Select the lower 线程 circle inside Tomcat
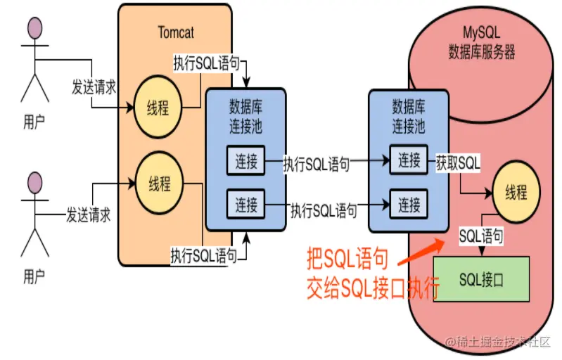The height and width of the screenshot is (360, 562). [159, 184]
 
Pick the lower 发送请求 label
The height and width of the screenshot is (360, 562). [89, 214]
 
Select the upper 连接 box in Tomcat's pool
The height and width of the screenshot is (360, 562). [245, 161]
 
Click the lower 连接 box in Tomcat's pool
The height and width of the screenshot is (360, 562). [245, 205]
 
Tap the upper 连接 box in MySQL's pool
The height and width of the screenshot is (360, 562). [409, 160]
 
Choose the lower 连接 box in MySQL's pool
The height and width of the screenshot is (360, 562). [409, 205]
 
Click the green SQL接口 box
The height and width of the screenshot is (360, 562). [482, 279]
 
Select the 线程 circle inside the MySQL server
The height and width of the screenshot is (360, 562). [516, 191]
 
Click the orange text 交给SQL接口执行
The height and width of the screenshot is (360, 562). [373, 288]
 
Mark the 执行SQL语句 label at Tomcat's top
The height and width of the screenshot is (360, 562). [206, 62]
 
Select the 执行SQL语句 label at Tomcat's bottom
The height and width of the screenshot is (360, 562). [203, 255]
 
